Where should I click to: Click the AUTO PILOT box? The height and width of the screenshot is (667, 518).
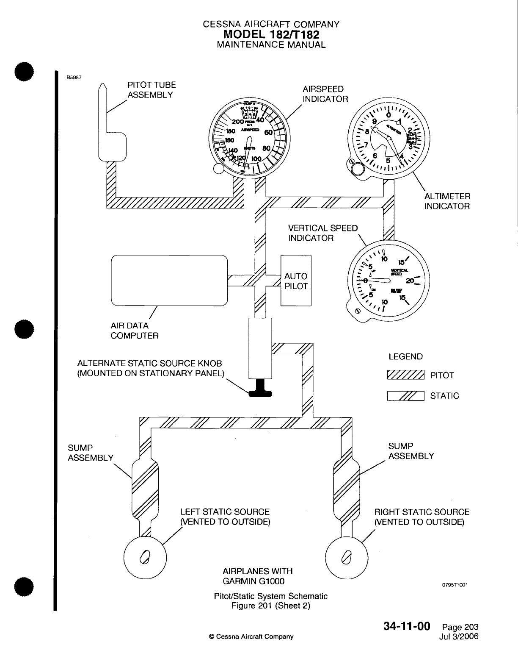[296, 281]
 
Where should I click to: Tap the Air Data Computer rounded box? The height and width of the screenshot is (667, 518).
[169, 280]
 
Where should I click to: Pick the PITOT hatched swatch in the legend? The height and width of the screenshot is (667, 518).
[405, 375]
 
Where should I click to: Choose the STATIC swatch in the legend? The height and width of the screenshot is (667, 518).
[405, 396]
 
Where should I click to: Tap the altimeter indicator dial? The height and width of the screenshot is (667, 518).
[388, 138]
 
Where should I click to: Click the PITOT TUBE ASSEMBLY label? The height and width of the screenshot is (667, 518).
[151, 90]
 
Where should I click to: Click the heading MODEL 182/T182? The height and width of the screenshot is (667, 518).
[271, 34]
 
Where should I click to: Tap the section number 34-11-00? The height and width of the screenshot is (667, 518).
[407, 626]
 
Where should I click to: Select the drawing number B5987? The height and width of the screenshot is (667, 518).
[74, 78]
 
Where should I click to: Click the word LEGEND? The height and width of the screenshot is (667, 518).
[405, 357]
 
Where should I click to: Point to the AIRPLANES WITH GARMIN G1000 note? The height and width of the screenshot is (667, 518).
[257, 576]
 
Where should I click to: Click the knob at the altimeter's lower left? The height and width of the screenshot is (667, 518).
[357, 169]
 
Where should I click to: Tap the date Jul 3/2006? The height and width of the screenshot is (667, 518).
[459, 636]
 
